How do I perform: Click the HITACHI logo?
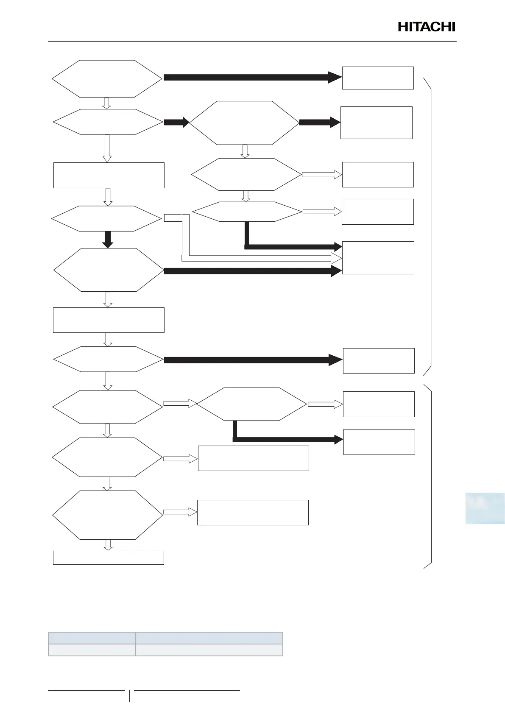[x=426, y=27]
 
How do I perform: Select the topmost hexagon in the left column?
[x=107, y=78]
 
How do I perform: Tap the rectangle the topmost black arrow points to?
[x=377, y=78]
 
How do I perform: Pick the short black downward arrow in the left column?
[x=108, y=240]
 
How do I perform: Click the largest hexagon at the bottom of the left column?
[x=108, y=515]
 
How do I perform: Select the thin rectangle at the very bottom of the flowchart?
[x=108, y=558]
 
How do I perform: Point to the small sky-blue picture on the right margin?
[x=485, y=508]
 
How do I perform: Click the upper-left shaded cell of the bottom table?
[x=92, y=638]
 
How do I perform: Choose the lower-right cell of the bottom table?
[x=209, y=650]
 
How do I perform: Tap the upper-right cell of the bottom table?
[x=209, y=638]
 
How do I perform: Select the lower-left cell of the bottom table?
[x=92, y=650]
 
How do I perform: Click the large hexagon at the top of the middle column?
[x=244, y=123]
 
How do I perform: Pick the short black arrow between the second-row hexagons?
[x=176, y=122]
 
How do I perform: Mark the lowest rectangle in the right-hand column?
[x=379, y=442]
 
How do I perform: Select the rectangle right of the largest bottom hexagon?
[x=253, y=513]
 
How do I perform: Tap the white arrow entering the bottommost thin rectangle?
[x=108, y=545]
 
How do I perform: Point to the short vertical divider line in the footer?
[x=130, y=696]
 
